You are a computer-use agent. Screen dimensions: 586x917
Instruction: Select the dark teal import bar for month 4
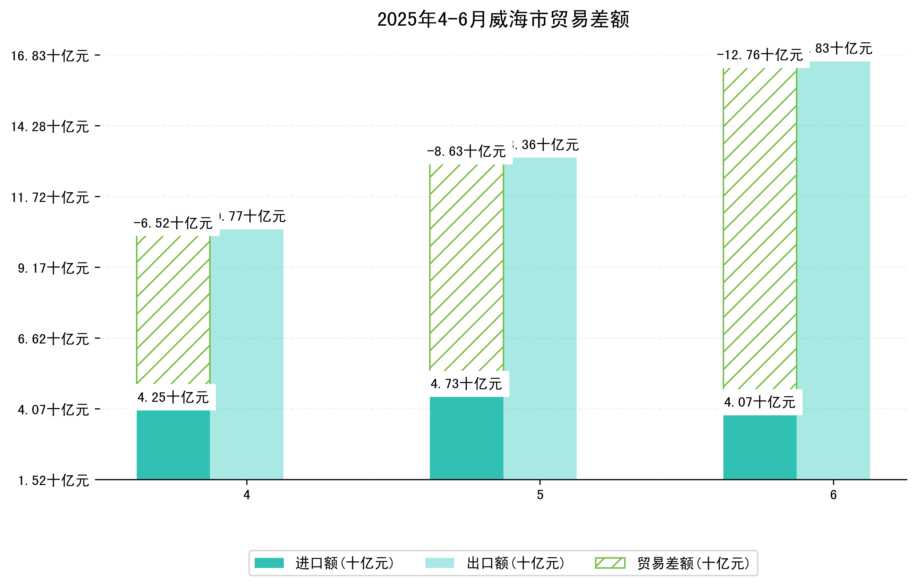click(x=173, y=445)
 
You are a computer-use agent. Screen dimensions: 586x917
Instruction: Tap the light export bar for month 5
click(x=540, y=318)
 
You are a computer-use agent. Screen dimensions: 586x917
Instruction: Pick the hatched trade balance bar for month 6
click(x=759, y=228)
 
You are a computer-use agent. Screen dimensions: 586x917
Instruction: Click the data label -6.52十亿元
click(x=173, y=223)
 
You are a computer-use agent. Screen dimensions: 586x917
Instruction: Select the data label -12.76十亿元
click(x=759, y=55)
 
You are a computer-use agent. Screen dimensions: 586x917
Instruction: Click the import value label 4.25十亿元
click(x=173, y=398)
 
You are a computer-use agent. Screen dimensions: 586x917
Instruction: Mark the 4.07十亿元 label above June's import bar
click(x=759, y=402)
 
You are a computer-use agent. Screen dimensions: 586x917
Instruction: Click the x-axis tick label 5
click(x=540, y=495)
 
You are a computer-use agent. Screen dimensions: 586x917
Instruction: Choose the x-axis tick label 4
click(x=247, y=495)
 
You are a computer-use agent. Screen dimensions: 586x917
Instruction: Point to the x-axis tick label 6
click(x=833, y=495)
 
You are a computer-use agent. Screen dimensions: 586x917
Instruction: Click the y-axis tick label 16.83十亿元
click(x=50, y=56)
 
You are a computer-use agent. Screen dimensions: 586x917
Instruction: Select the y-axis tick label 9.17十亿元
click(x=53, y=269)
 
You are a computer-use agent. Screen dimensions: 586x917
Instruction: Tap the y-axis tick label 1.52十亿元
click(x=53, y=481)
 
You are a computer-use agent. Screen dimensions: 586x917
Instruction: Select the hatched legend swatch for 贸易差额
click(x=610, y=563)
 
